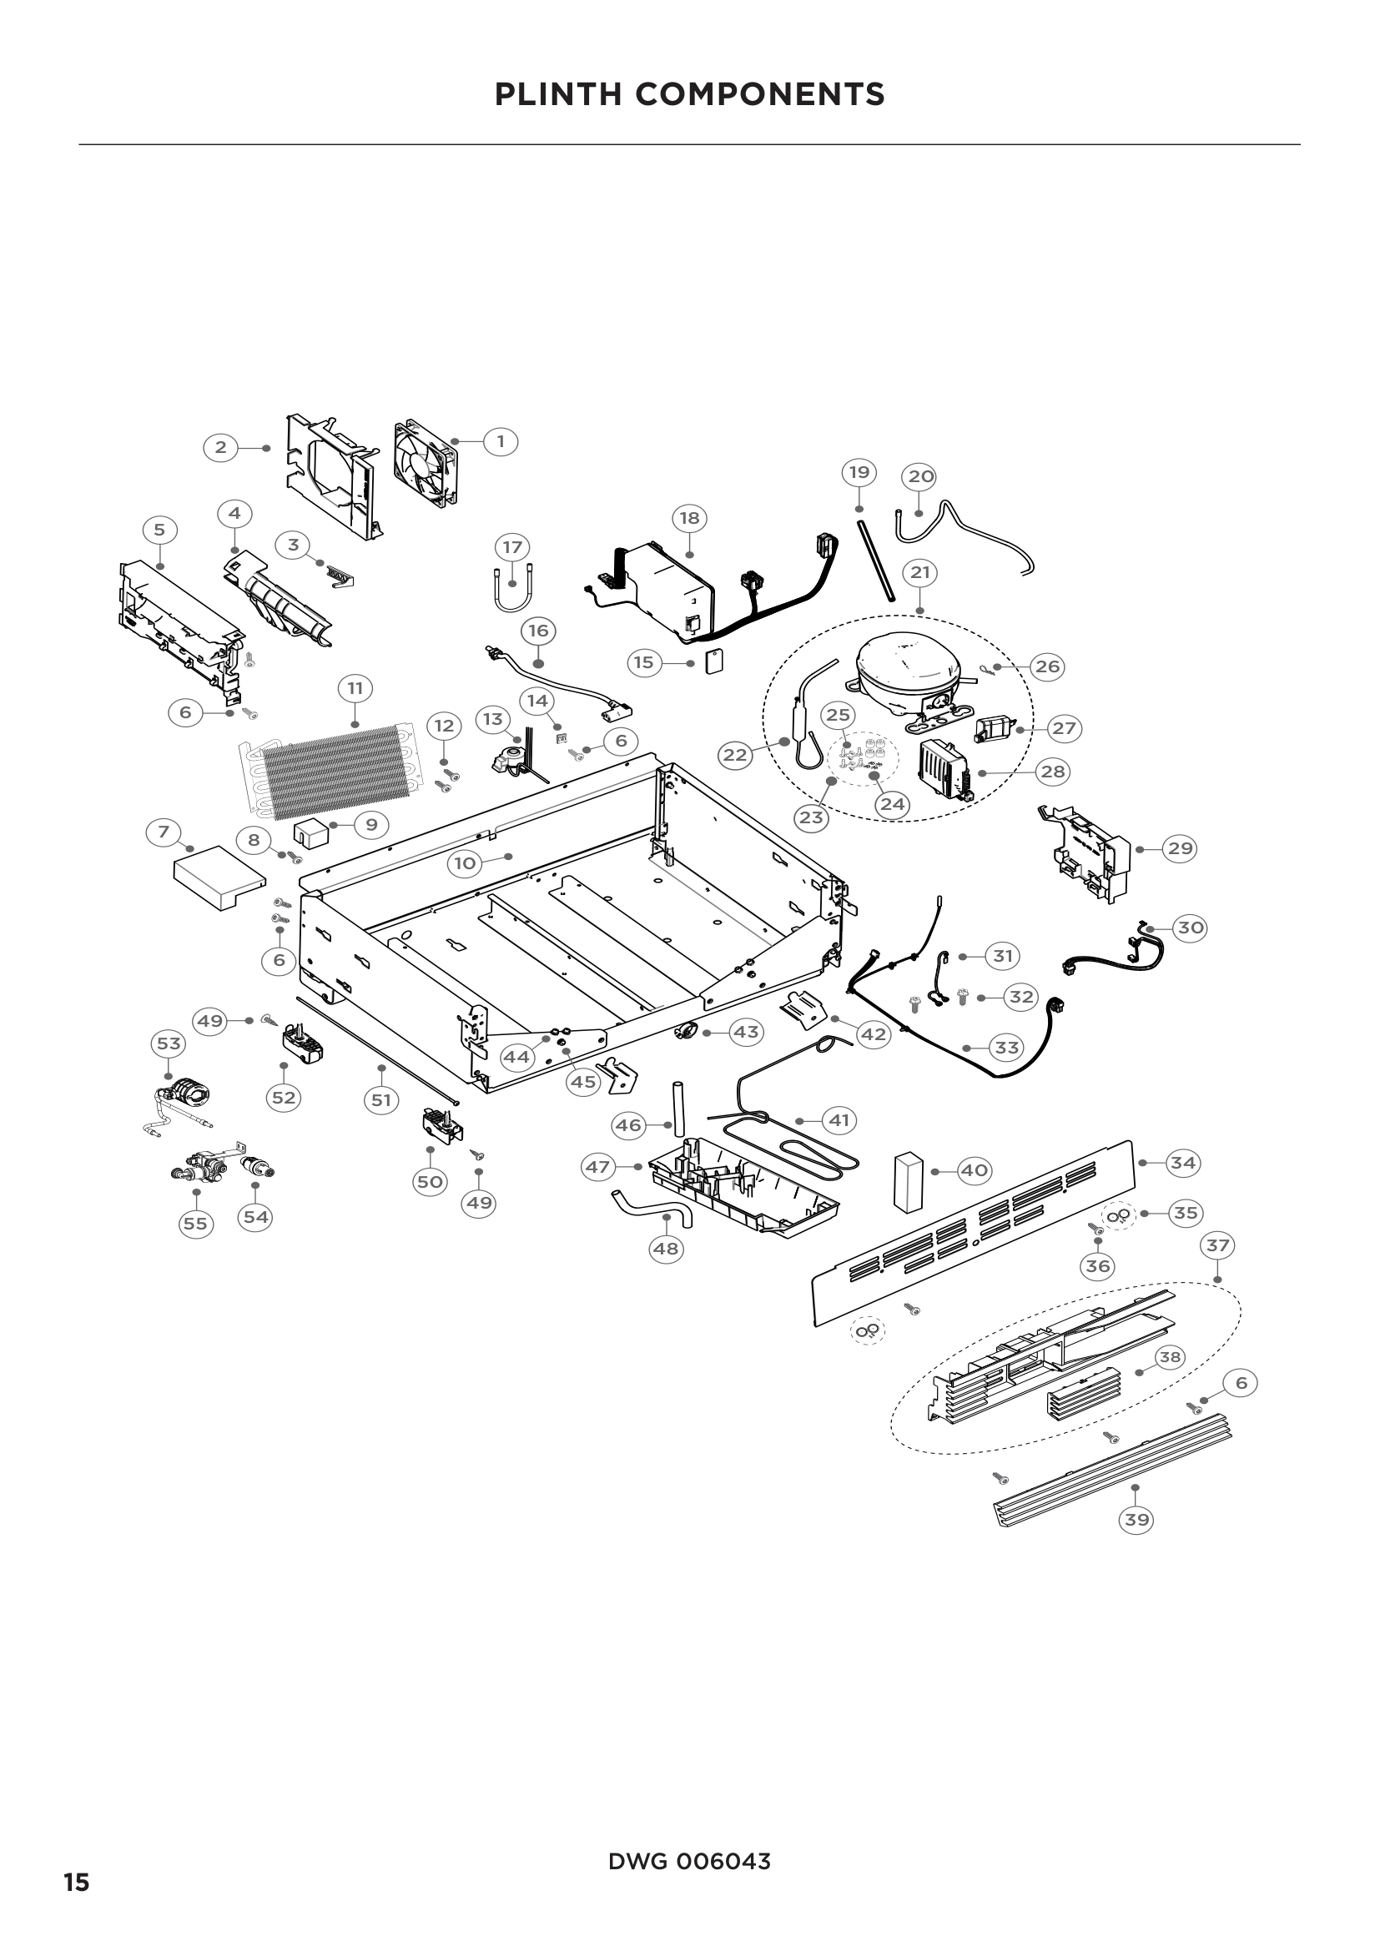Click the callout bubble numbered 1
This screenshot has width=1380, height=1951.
point(500,442)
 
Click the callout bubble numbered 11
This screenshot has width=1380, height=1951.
point(355,687)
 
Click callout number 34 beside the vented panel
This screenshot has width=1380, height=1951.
point(1183,1163)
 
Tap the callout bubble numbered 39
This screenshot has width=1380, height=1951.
point(1136,1521)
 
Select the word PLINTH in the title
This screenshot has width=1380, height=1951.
point(557,94)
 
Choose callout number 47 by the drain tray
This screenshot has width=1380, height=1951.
point(597,1167)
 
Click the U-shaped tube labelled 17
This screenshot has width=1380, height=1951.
point(512,586)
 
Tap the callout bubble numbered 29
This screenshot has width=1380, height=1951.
point(1179,848)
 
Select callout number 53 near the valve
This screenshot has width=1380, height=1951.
point(169,1043)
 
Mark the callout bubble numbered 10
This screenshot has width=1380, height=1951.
point(465,864)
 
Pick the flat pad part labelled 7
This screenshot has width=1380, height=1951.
point(214,877)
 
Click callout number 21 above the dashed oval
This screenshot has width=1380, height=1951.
point(920,573)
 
